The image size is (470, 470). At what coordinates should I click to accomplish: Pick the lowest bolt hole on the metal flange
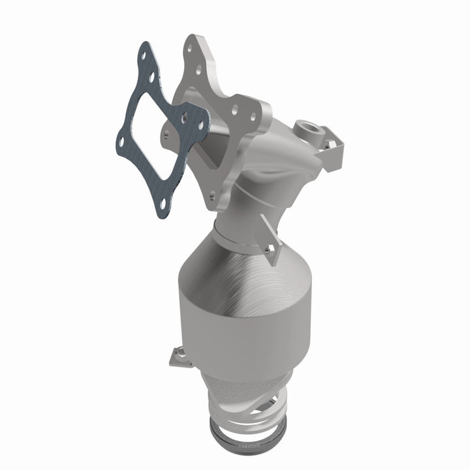coord(213,195)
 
